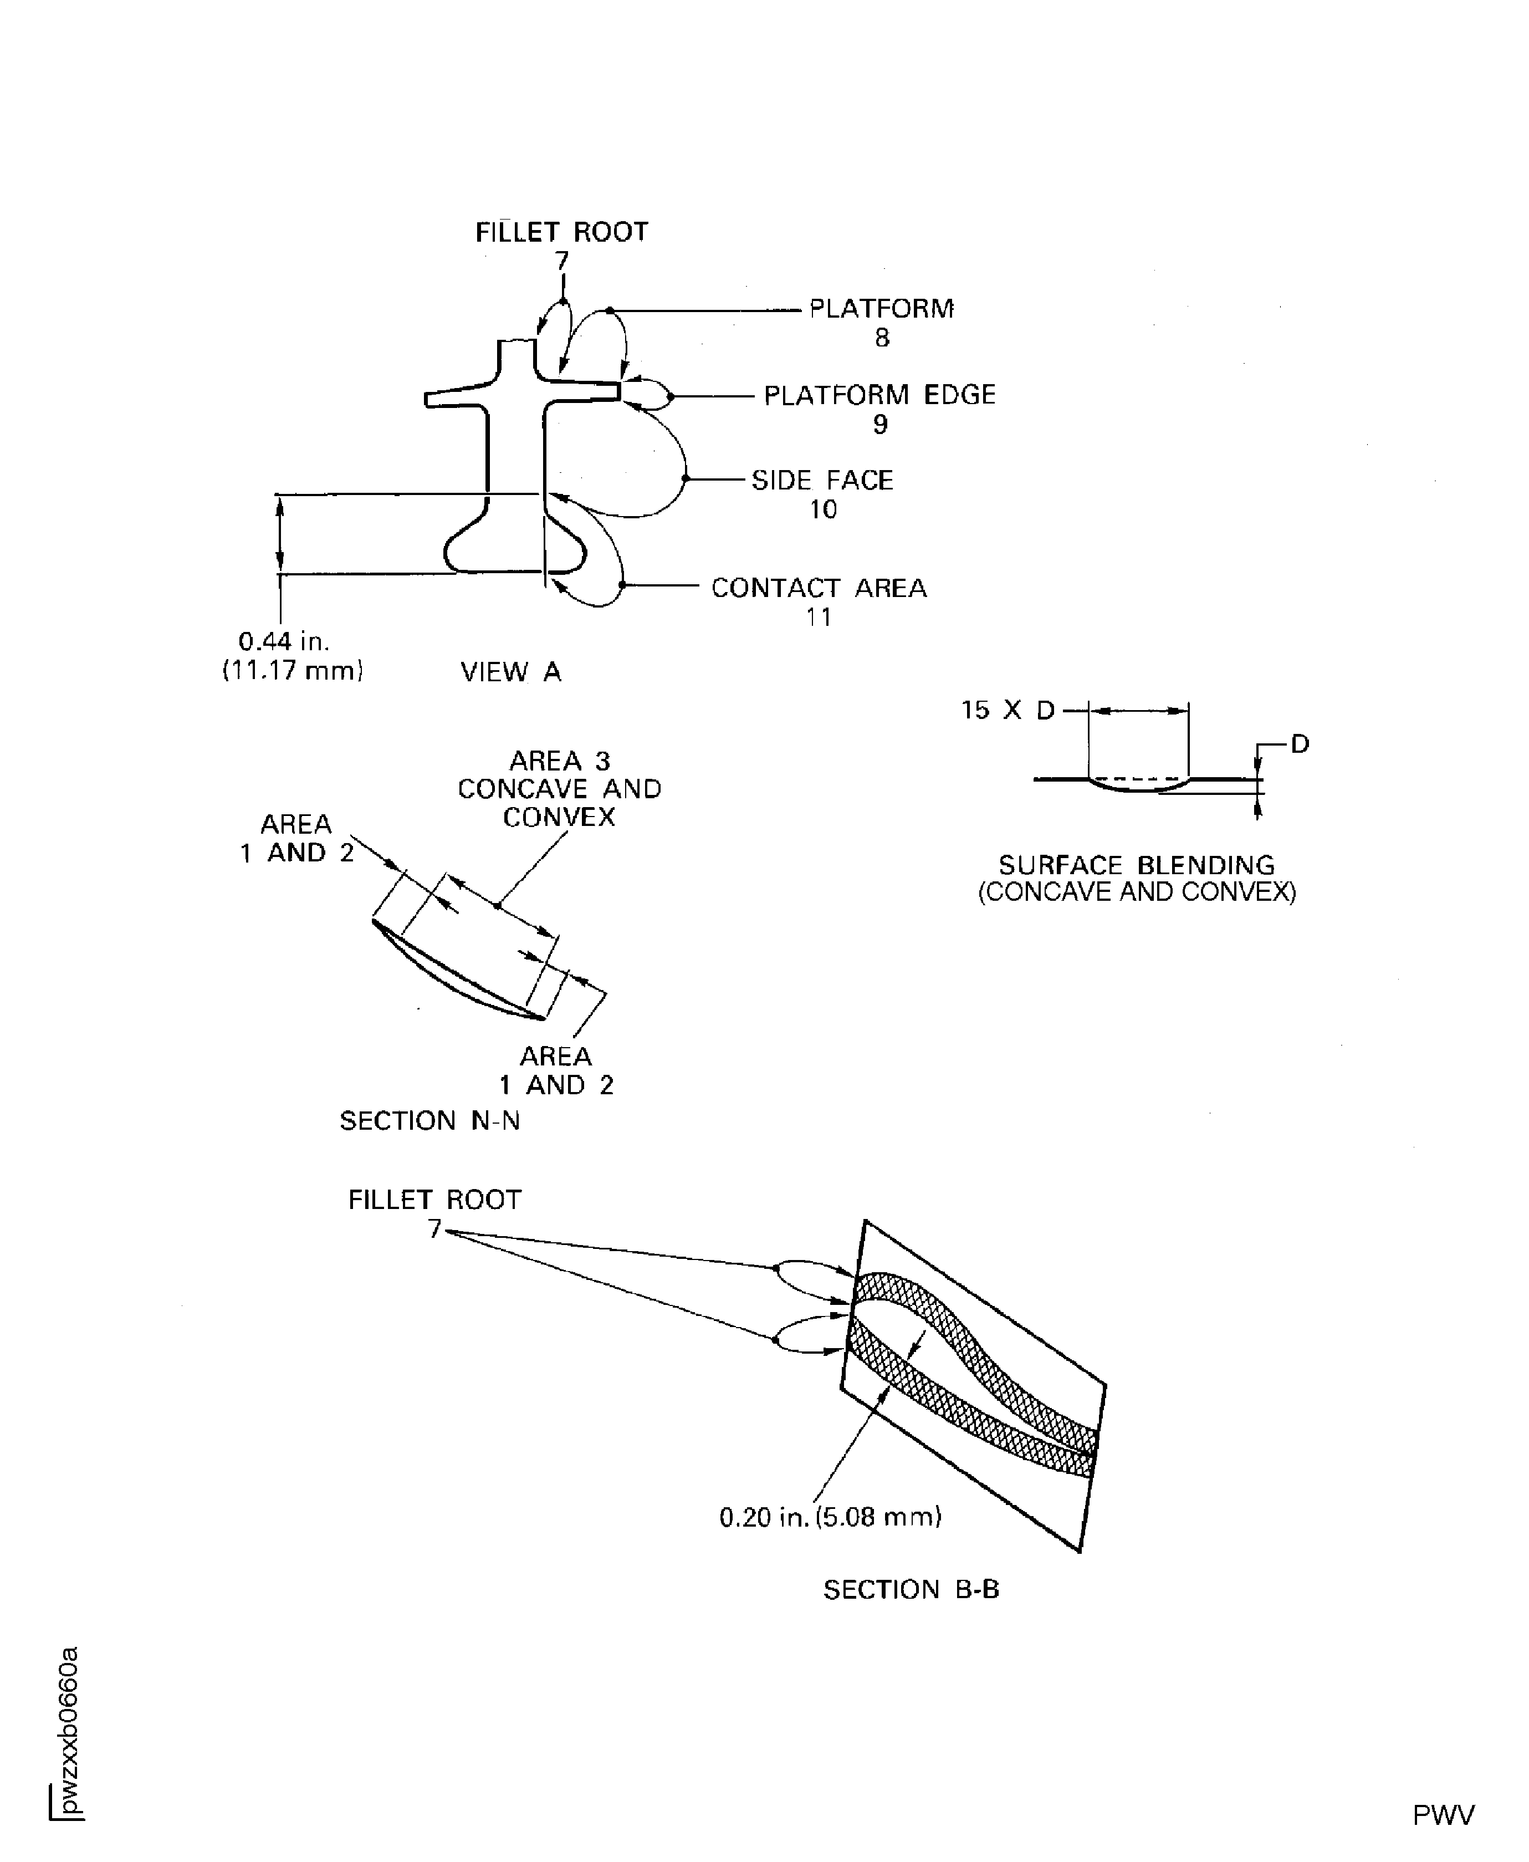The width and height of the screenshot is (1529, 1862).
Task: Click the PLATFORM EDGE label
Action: tap(879, 395)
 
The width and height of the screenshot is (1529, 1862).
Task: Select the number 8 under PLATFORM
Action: tap(882, 338)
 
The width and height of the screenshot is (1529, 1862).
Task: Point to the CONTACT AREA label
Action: tap(818, 588)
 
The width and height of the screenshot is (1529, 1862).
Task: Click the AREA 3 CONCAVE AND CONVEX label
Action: tap(559, 788)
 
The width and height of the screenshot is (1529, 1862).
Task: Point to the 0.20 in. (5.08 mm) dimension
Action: tap(830, 1517)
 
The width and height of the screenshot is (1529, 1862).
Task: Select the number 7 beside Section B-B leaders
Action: tap(434, 1229)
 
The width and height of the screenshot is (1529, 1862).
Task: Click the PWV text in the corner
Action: tap(1443, 1815)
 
